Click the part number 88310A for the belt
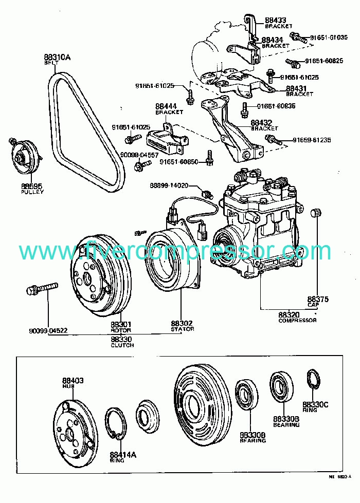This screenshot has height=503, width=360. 57,58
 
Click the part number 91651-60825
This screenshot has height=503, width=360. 324,61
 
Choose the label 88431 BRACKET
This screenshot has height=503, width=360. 299,91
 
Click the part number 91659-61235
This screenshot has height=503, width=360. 312,140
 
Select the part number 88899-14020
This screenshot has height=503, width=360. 169,185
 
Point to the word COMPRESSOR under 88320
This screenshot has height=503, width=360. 297,321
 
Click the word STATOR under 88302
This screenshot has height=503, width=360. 182,329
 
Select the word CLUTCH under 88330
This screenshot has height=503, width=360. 122,345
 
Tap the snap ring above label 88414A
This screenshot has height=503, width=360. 117,423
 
